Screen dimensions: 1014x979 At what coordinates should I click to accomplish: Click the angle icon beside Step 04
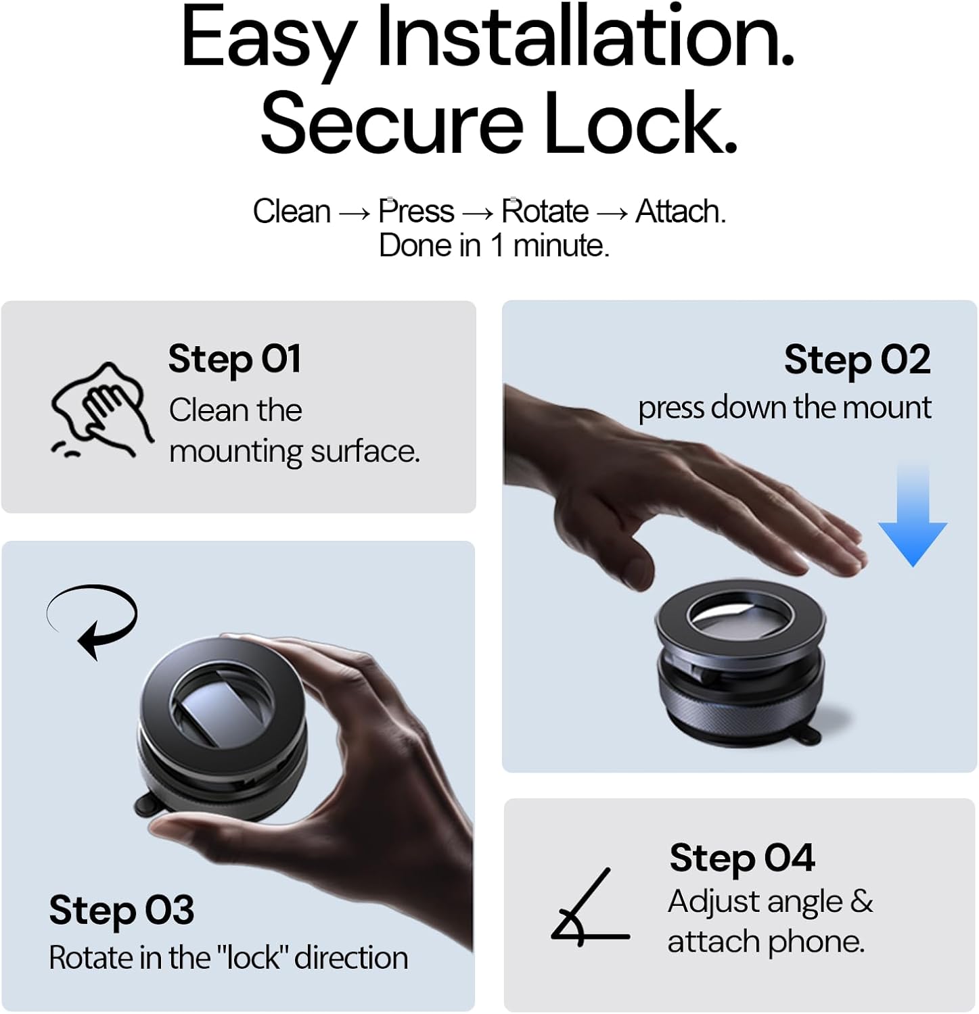click(589, 909)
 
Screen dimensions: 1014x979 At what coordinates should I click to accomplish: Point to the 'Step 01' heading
click(234, 358)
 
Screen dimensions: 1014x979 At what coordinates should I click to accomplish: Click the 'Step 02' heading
click(857, 359)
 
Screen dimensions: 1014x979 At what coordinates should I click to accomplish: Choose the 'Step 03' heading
click(122, 909)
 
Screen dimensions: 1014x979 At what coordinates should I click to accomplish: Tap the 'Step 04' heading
click(742, 858)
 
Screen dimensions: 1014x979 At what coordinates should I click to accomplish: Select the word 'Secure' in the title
click(392, 124)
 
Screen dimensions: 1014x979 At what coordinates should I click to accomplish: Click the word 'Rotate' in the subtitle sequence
click(545, 212)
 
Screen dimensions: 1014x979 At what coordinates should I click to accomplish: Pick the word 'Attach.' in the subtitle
click(680, 212)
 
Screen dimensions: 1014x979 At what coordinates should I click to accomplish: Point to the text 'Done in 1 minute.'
click(494, 245)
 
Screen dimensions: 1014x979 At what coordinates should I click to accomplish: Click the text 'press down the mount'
click(784, 408)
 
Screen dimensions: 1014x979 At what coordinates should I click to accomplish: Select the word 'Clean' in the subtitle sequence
click(292, 212)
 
